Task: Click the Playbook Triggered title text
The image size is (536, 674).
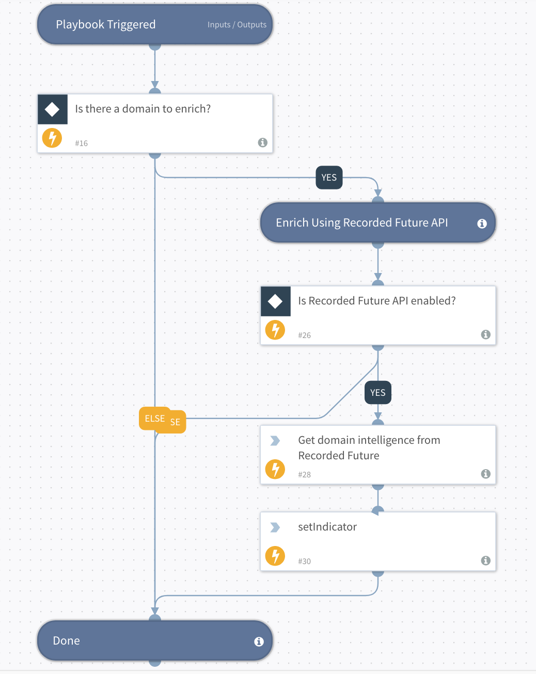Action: click(105, 25)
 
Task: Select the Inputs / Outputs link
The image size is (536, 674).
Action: click(237, 25)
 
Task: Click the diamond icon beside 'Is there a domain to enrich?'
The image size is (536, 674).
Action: click(52, 109)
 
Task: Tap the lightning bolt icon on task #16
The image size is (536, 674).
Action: click(52, 138)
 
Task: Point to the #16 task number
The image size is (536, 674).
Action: click(81, 143)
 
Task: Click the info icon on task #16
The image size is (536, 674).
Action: click(262, 142)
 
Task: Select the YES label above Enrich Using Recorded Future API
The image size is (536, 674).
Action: click(329, 178)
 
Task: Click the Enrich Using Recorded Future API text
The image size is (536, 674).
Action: click(361, 223)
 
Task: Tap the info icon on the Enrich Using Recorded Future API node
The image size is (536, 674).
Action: click(482, 223)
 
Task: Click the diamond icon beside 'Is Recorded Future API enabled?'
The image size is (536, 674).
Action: click(275, 301)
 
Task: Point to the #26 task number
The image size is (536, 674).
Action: click(304, 335)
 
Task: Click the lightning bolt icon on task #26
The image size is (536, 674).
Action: click(275, 330)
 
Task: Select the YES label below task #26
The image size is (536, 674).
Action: click(377, 393)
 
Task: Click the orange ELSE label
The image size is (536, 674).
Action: click(154, 419)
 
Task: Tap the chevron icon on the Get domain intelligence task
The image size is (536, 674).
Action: click(275, 441)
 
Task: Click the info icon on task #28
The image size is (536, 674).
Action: click(485, 474)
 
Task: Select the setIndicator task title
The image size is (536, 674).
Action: click(327, 527)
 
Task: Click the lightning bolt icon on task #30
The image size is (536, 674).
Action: click(275, 556)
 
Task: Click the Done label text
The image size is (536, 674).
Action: click(67, 641)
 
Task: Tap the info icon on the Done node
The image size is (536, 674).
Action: click(259, 641)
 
